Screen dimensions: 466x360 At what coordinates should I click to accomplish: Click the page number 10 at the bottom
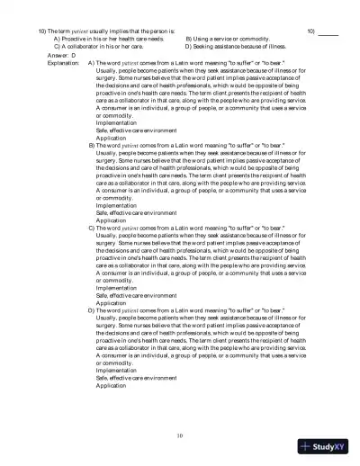click(x=180, y=435)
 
